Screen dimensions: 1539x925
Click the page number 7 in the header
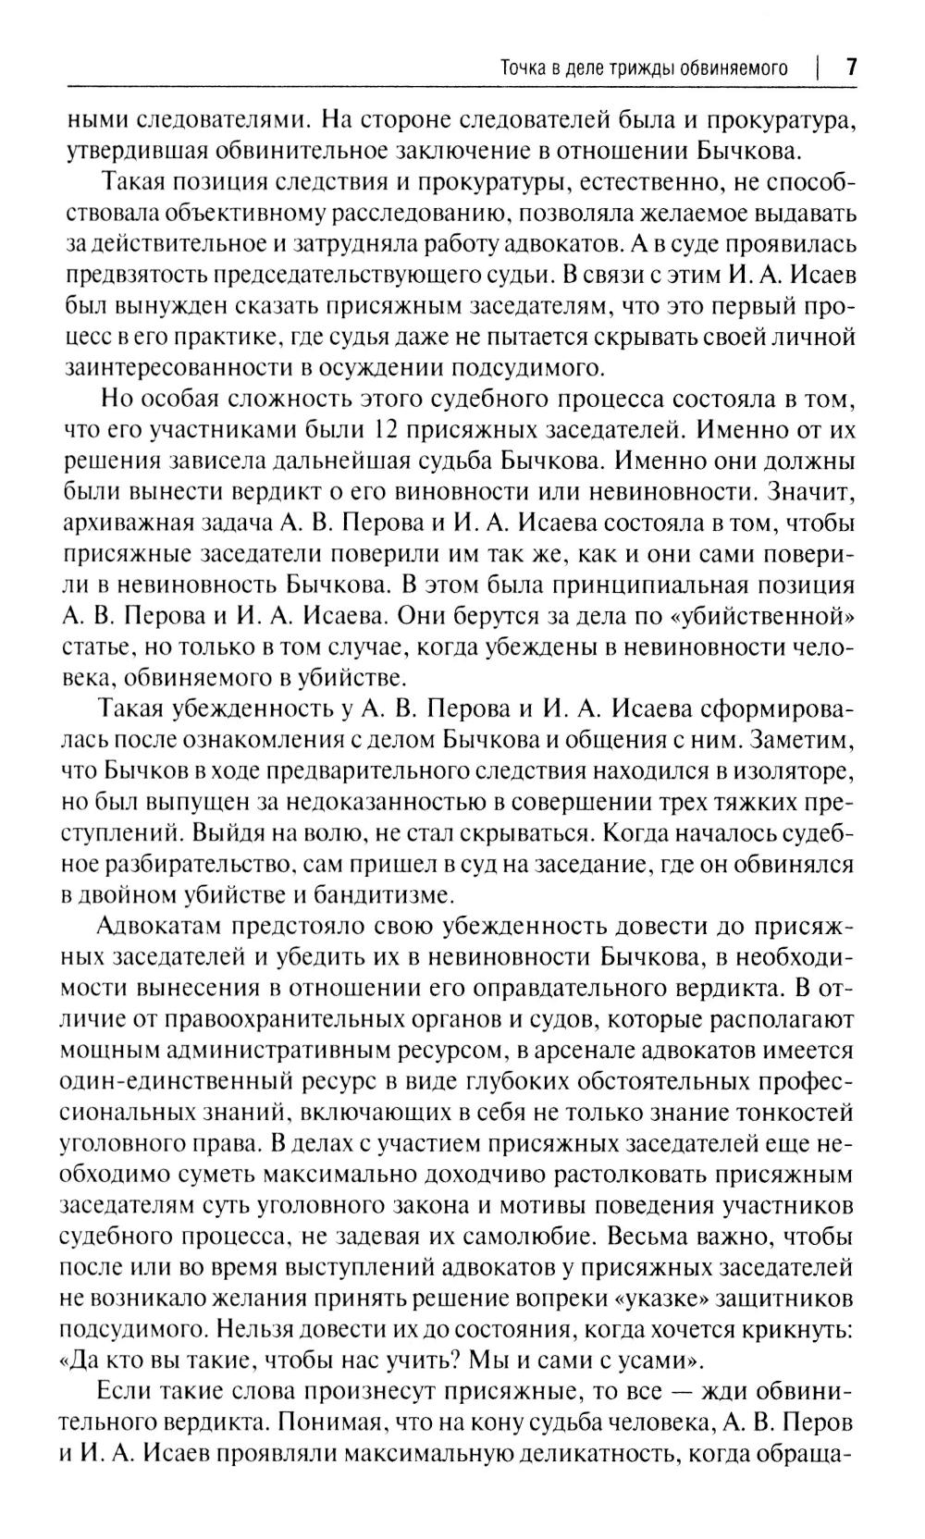[x=851, y=68]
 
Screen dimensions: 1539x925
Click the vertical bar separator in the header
[x=819, y=68]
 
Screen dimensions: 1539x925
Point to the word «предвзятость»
[x=131, y=277]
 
